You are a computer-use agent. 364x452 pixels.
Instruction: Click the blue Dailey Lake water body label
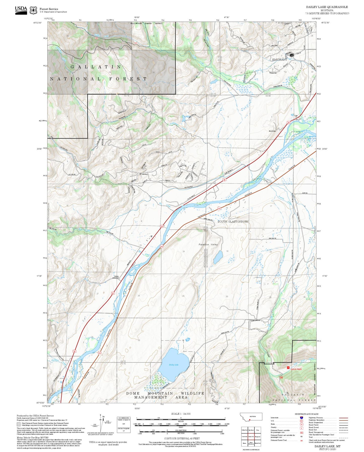tap(174, 365)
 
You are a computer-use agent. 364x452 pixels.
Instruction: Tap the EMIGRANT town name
tap(279, 60)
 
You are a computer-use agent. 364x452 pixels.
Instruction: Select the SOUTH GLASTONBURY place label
tap(233, 221)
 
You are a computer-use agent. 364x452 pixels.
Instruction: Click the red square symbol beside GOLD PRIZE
tap(288, 368)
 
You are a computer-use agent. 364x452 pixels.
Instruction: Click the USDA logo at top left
tap(21, 10)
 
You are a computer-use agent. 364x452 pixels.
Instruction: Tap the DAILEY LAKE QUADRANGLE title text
tap(327, 7)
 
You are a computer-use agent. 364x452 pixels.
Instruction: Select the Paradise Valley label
tap(208, 244)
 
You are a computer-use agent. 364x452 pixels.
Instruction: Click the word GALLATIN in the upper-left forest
tap(96, 67)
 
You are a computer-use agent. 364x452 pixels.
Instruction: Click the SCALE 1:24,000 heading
tap(181, 414)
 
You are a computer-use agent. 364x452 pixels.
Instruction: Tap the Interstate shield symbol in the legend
tap(302, 418)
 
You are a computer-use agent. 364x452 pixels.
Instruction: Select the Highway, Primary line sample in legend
tap(344, 418)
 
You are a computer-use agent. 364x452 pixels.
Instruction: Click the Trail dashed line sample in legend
tap(344, 438)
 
